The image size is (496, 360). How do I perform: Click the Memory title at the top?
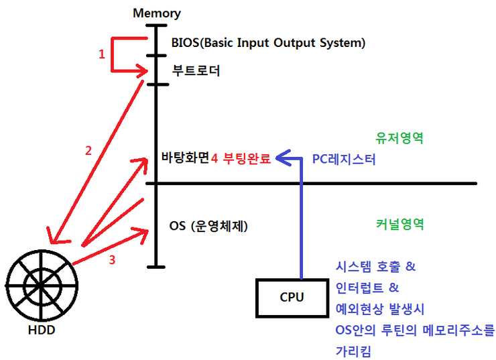157,13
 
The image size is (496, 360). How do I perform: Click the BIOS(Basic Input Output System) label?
268,43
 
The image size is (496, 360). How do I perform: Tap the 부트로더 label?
196,70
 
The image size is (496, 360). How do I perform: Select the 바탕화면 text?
185,157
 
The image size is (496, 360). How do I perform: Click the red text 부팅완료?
247,158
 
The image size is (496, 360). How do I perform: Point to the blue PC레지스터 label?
344,159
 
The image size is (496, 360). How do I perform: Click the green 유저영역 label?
399,138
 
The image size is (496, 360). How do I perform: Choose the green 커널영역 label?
400,225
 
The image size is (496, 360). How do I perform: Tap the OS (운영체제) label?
208,226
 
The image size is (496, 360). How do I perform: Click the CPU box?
292,298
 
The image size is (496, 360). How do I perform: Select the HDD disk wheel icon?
42,285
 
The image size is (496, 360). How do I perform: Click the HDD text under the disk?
42,330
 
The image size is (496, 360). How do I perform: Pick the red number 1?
101,54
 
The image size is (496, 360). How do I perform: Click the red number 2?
88,151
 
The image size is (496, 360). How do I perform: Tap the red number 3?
112,259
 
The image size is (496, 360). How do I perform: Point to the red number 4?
214,158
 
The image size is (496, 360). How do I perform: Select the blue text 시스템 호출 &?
375,267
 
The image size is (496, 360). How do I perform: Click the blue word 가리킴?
353,351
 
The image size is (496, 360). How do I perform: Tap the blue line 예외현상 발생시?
380,309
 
